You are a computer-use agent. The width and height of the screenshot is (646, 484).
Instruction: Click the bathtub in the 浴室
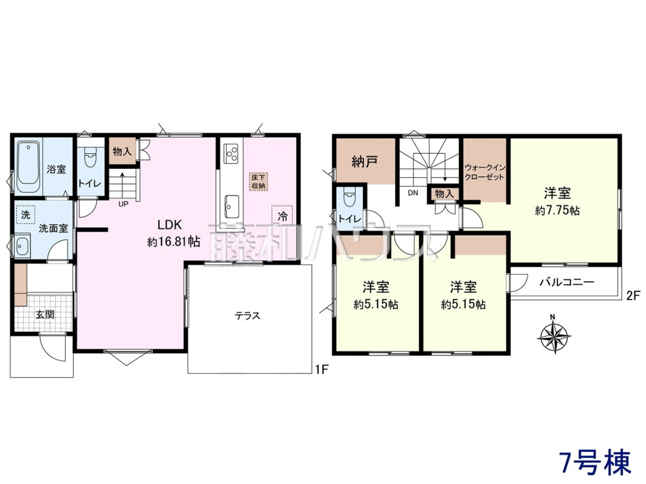(28, 167)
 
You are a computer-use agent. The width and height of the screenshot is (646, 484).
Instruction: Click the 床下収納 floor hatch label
(258, 182)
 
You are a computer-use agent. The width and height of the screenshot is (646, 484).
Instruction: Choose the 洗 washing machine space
(26, 215)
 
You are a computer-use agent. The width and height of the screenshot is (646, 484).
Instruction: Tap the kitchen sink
(231, 207)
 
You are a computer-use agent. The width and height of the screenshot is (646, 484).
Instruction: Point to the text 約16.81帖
(174, 242)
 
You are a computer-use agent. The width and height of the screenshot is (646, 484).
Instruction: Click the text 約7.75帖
(557, 211)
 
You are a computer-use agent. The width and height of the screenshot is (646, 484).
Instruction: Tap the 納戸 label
(365, 162)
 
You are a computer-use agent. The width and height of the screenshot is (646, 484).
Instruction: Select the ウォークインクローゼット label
(484, 172)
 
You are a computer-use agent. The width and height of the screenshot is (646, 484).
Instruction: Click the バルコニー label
(567, 282)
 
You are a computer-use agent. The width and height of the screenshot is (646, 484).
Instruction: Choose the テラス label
(248, 316)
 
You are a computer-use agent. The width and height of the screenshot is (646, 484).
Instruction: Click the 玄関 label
(45, 315)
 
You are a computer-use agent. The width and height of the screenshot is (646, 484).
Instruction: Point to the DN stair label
(413, 193)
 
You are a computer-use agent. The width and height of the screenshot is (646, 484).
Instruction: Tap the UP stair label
(123, 204)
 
